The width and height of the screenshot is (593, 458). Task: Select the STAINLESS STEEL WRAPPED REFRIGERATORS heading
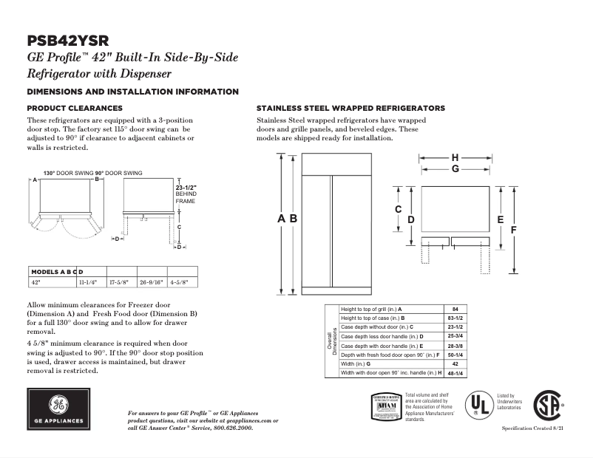coord(350,108)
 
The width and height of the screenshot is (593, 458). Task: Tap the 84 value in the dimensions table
coord(455,308)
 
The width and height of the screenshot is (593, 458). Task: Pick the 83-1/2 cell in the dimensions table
coord(455,317)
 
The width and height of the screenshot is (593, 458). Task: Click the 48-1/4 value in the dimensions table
coord(455,373)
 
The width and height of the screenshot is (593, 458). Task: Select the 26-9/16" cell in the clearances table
coord(152,282)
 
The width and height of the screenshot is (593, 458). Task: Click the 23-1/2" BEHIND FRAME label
coord(186,194)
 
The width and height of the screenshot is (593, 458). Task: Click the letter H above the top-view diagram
coord(455,157)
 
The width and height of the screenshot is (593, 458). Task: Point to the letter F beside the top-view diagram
coord(512,230)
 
